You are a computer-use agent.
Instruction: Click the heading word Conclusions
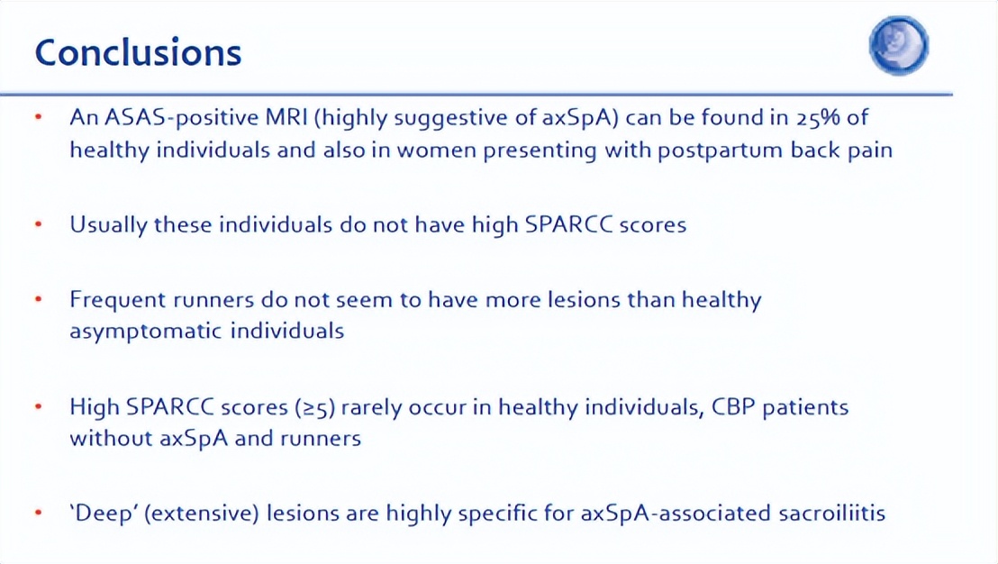(138, 52)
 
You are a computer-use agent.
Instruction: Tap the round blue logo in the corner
(899, 45)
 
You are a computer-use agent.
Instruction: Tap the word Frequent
(116, 300)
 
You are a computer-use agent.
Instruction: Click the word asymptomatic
(147, 331)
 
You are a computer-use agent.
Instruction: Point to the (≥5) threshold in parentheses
(315, 407)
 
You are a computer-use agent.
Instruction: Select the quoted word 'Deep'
(103, 513)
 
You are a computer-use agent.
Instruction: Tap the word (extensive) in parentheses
(202, 514)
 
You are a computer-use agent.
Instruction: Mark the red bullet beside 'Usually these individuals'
(39, 224)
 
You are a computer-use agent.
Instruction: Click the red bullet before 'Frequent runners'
(39, 299)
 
